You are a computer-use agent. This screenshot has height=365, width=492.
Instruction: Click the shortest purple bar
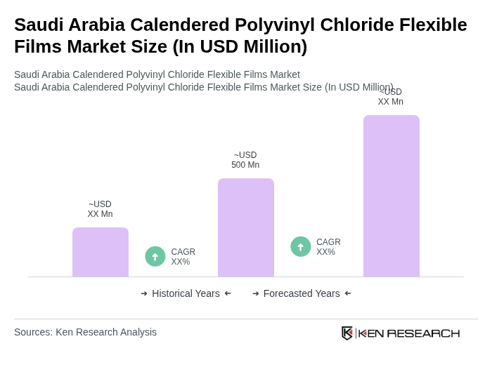pyautogui.click(x=101, y=252)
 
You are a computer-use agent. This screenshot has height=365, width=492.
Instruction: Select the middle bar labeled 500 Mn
pyautogui.click(x=246, y=227)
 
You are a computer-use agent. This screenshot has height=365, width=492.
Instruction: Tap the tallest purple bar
pyautogui.click(x=391, y=196)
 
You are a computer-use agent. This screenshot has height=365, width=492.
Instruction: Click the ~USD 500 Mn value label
pyautogui.click(x=245, y=160)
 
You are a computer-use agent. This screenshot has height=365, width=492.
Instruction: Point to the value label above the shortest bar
pyautogui.click(x=100, y=209)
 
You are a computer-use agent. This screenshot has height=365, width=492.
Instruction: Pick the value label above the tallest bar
pyautogui.click(x=391, y=97)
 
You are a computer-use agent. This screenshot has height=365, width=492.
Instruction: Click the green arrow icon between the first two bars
pyautogui.click(x=155, y=256)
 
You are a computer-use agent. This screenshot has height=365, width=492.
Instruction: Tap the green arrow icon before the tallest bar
pyautogui.click(x=301, y=246)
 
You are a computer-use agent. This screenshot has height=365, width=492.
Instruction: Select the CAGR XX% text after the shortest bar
pyautogui.click(x=183, y=257)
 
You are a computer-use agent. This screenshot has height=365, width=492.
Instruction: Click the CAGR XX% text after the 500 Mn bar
pyautogui.click(x=328, y=247)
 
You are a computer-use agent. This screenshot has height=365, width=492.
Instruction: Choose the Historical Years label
pyautogui.click(x=186, y=293)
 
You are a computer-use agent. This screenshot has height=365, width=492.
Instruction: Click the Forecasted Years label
pyautogui.click(x=302, y=293)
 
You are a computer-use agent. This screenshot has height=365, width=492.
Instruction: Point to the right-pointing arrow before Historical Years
pyautogui.click(x=144, y=293)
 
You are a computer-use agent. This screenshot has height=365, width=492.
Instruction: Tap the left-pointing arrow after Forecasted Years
pyautogui.click(x=348, y=293)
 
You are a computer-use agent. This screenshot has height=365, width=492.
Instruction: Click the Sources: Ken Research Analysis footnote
pyautogui.click(x=85, y=332)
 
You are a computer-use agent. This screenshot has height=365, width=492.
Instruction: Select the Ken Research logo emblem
pyautogui.click(x=347, y=333)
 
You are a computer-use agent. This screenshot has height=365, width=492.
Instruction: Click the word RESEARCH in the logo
pyautogui.click(x=423, y=333)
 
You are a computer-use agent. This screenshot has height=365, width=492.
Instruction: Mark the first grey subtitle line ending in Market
pyautogui.click(x=157, y=74)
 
